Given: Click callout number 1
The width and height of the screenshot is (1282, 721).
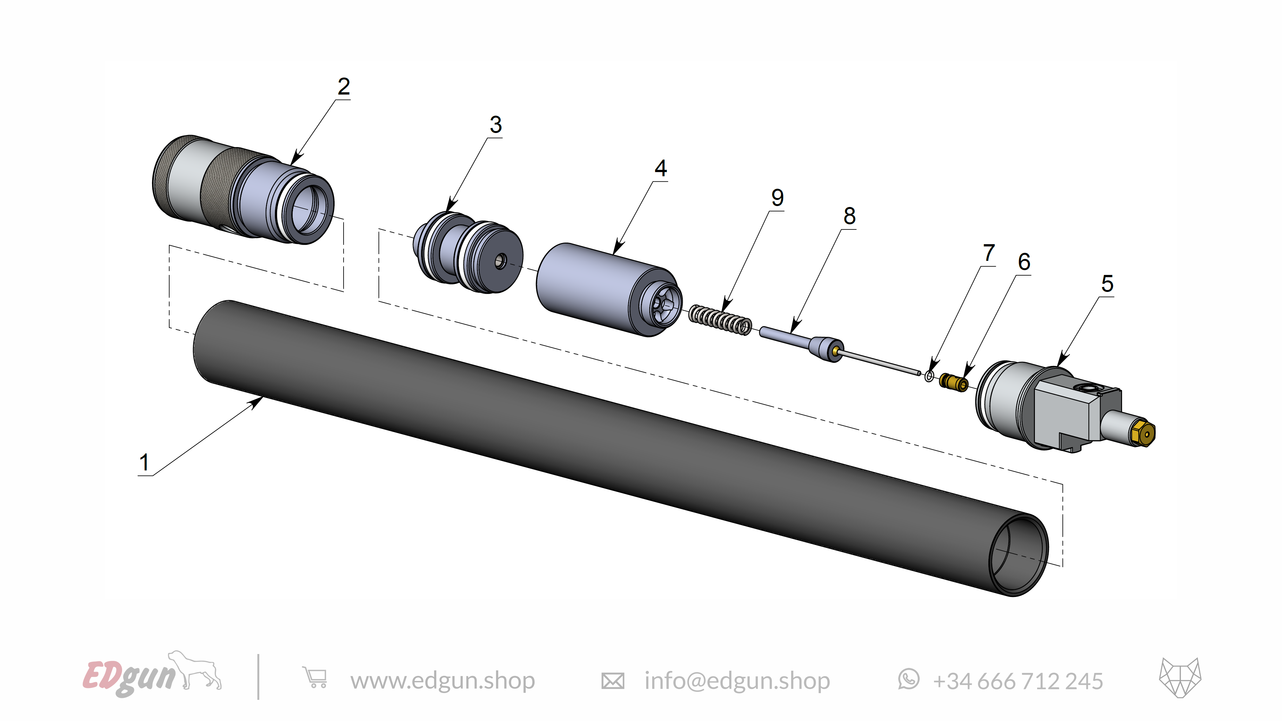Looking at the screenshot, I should (x=144, y=462).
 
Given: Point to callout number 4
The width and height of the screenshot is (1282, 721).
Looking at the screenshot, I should (x=661, y=168).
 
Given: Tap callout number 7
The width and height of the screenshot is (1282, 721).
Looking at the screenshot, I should (x=989, y=253).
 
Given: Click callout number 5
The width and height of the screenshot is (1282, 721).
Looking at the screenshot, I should (x=1107, y=284).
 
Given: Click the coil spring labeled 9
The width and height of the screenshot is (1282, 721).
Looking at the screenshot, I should (x=720, y=320).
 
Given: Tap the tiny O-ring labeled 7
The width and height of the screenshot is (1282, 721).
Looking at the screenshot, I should (x=929, y=376).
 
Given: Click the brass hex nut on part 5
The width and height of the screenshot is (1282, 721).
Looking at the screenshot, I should (x=1143, y=434).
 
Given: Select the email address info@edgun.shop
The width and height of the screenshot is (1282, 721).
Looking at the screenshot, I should (x=737, y=681).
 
